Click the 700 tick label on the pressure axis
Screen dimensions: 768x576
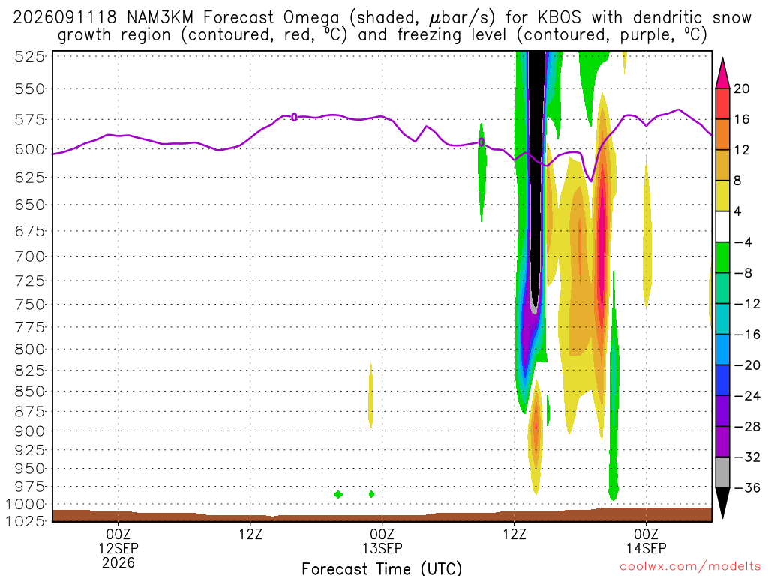(30, 256)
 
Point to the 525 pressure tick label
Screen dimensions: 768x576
(30, 57)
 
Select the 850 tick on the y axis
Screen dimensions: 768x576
(30, 391)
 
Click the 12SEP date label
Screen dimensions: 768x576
(118, 548)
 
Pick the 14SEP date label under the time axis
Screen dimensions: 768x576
(646, 548)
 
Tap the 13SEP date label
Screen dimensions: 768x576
(382, 548)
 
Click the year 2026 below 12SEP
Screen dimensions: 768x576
(118, 562)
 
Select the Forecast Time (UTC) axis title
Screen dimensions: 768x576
(382, 568)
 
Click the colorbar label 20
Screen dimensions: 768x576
(741, 88)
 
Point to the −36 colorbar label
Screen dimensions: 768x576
(747, 487)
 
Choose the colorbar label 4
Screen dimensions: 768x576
(737, 211)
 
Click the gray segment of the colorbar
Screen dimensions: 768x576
(722, 472)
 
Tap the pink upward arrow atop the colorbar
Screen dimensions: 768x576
(722, 73)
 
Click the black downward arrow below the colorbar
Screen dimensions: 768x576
(722, 502)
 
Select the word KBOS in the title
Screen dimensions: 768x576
(559, 18)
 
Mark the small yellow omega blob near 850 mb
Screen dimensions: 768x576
(370, 396)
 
